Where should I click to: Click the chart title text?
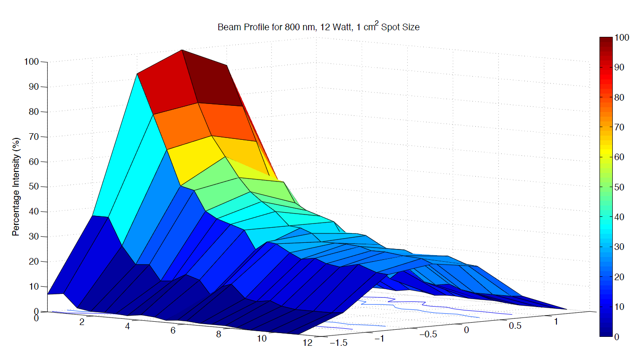click(318, 27)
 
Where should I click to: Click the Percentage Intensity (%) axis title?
click(16, 187)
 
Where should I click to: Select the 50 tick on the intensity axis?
click(35, 187)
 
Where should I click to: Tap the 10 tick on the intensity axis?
click(35, 286)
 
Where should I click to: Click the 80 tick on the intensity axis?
click(35, 112)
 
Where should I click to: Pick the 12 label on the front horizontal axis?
click(307, 343)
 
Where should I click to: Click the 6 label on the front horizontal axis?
click(173, 330)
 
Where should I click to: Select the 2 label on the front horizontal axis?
click(82, 322)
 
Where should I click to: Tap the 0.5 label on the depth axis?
click(514, 326)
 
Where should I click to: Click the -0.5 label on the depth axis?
click(428, 334)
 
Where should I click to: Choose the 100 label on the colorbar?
click(622, 38)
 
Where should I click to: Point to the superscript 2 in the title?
click(376, 24)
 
